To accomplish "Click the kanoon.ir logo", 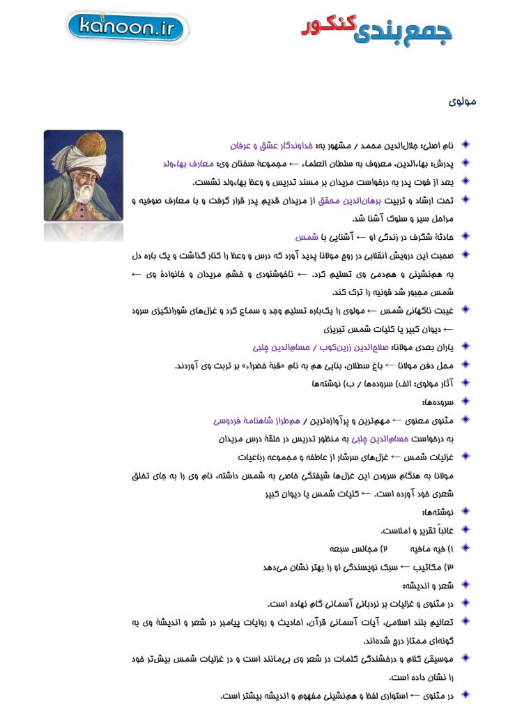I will [x=127, y=28].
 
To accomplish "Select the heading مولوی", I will [x=463, y=102].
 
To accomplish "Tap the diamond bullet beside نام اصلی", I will [x=466, y=146].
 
